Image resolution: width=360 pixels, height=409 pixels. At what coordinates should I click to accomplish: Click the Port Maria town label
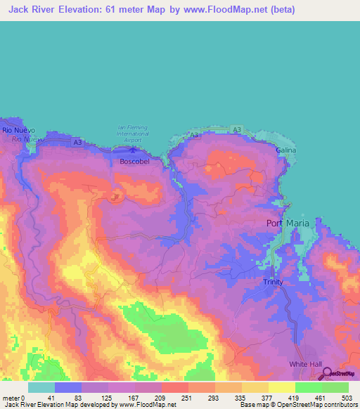click(x=287, y=223)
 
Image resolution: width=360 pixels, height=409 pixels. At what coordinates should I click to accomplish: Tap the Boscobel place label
click(x=135, y=160)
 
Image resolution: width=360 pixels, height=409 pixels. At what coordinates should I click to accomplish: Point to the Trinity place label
click(x=273, y=281)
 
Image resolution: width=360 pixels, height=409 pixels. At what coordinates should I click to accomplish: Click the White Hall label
click(x=304, y=364)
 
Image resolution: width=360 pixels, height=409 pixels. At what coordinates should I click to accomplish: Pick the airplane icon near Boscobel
click(x=134, y=148)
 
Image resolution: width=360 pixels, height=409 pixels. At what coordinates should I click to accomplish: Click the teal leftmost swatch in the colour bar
click(x=41, y=387)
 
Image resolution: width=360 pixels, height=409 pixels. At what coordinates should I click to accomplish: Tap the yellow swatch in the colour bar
click(x=281, y=387)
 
